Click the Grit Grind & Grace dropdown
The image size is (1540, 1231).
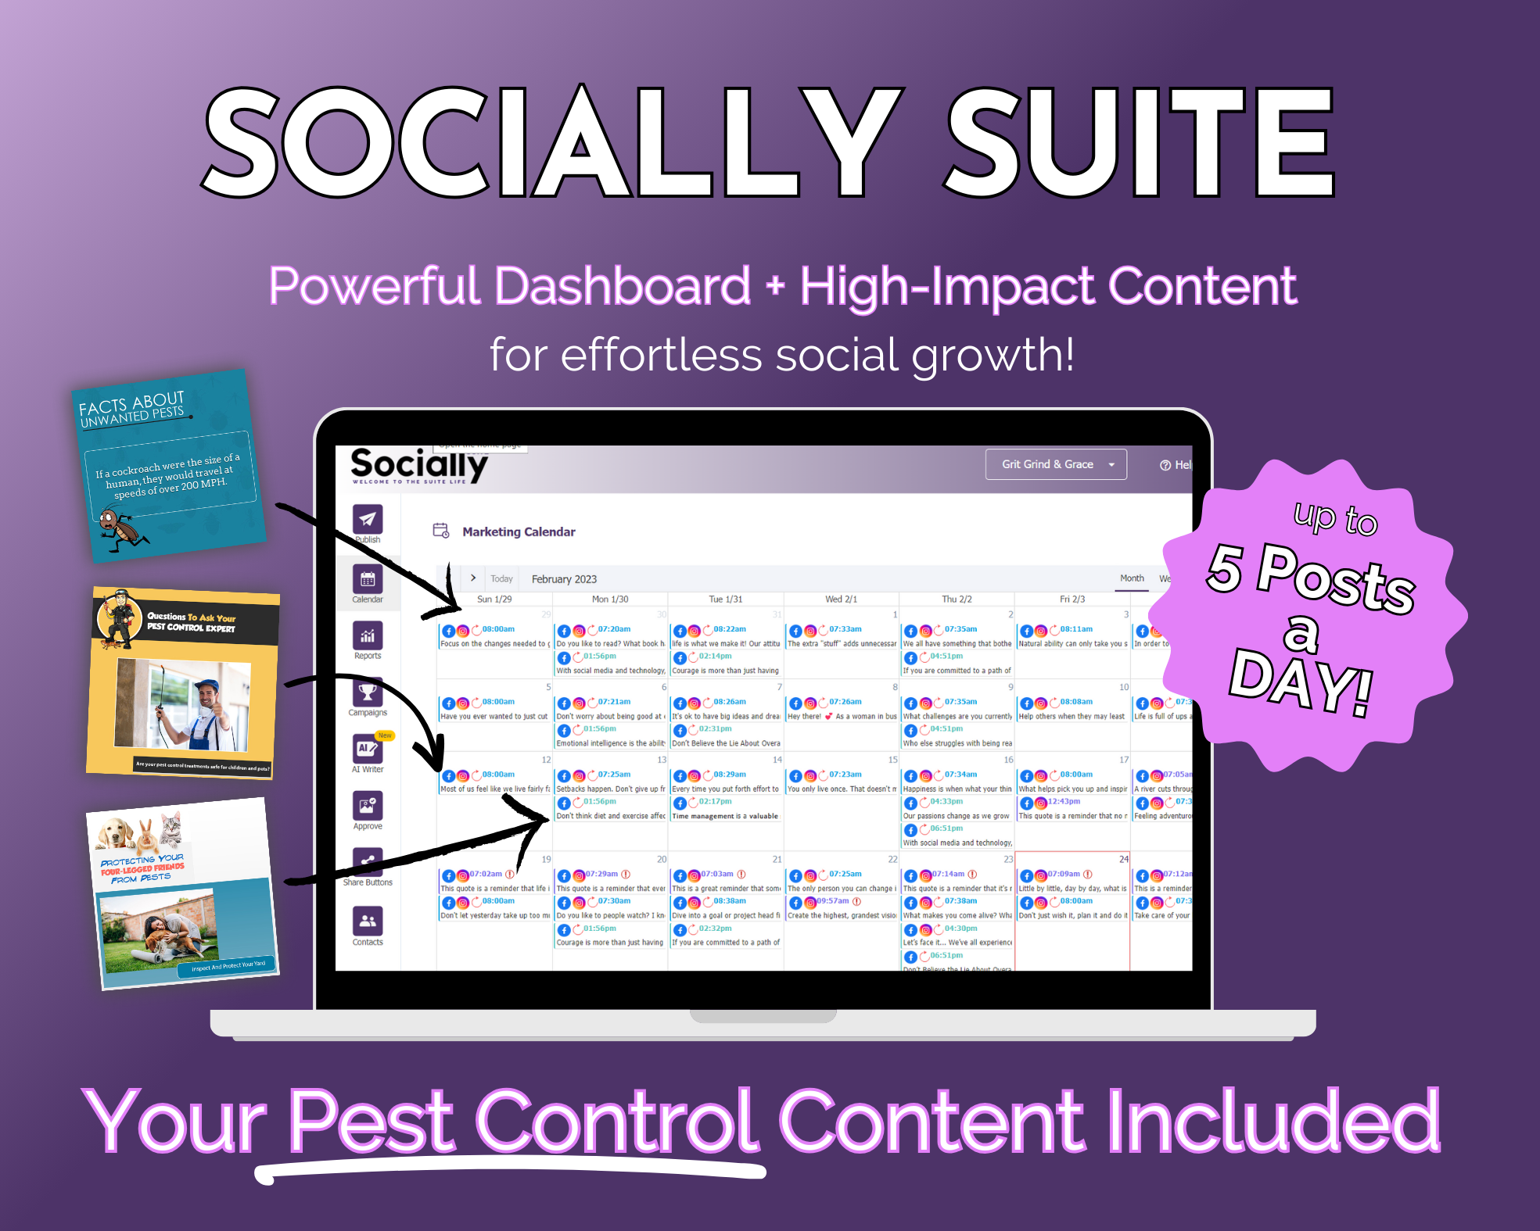point(1055,464)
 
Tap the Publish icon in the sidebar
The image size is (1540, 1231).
point(368,520)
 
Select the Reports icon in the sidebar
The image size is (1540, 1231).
point(368,636)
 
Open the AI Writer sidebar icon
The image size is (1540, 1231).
point(368,749)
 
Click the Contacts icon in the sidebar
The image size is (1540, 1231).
point(368,921)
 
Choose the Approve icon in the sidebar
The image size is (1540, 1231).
point(368,806)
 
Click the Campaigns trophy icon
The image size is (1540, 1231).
point(368,692)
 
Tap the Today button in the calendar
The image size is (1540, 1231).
point(501,579)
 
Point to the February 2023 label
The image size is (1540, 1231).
point(564,579)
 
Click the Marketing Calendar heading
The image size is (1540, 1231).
point(519,531)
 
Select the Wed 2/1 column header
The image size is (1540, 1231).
point(841,599)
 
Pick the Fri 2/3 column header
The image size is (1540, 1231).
point(1072,599)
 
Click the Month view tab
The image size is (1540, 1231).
point(1132,578)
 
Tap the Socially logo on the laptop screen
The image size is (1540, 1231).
point(419,466)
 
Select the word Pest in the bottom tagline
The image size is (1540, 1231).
point(372,1122)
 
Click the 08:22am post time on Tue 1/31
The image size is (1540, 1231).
point(730,629)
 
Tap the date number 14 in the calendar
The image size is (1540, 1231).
point(777,760)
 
